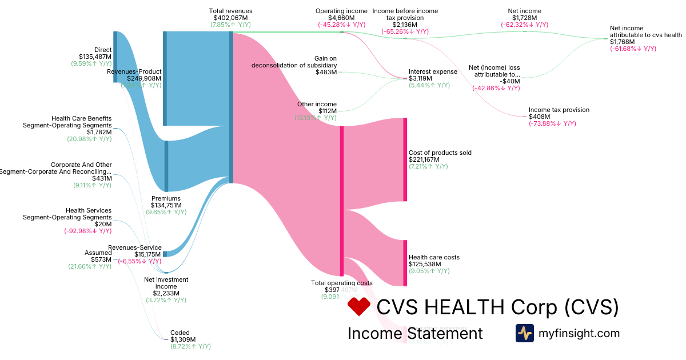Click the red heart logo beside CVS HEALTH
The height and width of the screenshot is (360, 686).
tap(359, 307)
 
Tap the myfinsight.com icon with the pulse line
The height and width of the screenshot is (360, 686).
tap(524, 333)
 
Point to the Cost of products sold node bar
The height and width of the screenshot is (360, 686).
tap(405, 159)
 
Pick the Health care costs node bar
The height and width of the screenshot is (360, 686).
tap(405, 263)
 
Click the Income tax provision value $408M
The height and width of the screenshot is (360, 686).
tap(539, 117)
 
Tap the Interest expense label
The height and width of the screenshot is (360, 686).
tap(433, 71)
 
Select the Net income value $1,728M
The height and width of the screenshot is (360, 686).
tap(524, 18)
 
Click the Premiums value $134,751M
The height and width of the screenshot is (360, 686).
tap(166, 205)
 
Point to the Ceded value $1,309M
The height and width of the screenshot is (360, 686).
tap(183, 339)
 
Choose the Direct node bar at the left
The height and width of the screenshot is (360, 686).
tap(115, 57)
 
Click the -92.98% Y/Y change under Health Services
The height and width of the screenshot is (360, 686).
tap(88, 231)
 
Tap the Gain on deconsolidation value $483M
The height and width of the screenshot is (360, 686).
tap(326, 72)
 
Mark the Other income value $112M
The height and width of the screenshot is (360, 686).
tap(328, 111)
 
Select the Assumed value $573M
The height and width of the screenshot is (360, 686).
tap(101, 259)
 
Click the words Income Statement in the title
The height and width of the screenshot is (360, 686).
tap(415, 333)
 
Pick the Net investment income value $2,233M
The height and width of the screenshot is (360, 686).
tap(166, 293)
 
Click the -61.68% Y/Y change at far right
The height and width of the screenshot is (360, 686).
tap(633, 49)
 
